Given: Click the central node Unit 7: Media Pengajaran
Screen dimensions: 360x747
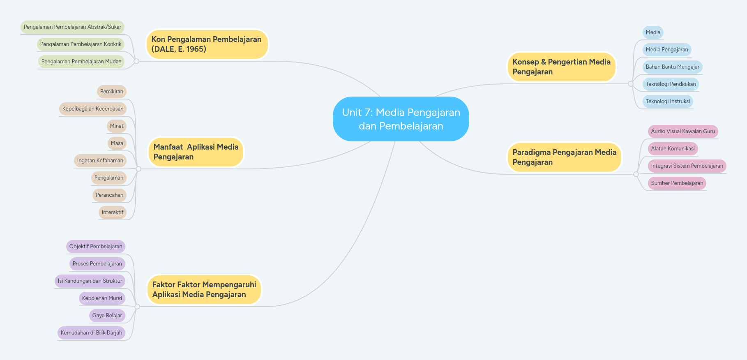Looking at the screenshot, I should pyautogui.click(x=401, y=119).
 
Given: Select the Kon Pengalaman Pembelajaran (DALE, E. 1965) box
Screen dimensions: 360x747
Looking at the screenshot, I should pyautogui.click(x=207, y=44).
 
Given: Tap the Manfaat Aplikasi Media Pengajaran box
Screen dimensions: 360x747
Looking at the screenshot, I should pyautogui.click(x=196, y=152).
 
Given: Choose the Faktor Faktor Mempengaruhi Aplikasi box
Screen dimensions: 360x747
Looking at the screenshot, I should pyautogui.click(x=204, y=289).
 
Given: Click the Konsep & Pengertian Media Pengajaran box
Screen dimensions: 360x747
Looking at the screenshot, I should pyautogui.click(x=561, y=67).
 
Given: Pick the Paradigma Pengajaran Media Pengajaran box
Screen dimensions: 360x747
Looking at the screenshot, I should pyautogui.click(x=564, y=157).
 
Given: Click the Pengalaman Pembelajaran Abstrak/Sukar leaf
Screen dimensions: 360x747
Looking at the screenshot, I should pyautogui.click(x=72, y=27).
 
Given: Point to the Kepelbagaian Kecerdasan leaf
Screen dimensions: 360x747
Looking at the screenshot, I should pyautogui.click(x=93, y=109).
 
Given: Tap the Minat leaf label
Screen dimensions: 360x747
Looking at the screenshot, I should pyautogui.click(x=117, y=126).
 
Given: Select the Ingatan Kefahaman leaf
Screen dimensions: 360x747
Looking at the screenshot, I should pyautogui.click(x=100, y=161).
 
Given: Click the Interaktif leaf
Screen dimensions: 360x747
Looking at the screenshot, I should pyautogui.click(x=113, y=212).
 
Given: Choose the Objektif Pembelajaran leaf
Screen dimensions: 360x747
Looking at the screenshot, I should pyautogui.click(x=96, y=247).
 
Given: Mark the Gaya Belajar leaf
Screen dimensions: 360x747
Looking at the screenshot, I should pyautogui.click(x=107, y=316).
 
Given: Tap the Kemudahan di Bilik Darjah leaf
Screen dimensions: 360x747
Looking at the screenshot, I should pyautogui.click(x=91, y=333).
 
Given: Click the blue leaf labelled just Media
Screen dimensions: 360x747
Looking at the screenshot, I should pyautogui.click(x=653, y=32).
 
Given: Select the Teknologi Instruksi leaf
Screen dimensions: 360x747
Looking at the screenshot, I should pyautogui.click(x=668, y=102).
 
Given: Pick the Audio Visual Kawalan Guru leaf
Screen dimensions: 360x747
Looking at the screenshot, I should pyautogui.click(x=683, y=132).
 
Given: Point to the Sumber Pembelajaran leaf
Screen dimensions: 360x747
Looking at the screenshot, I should pyautogui.click(x=677, y=183).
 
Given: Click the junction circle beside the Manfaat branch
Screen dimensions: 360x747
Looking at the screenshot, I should pyautogui.click(x=138, y=169).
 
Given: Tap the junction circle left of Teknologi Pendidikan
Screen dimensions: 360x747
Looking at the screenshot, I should pyautogui.click(x=631, y=84).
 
